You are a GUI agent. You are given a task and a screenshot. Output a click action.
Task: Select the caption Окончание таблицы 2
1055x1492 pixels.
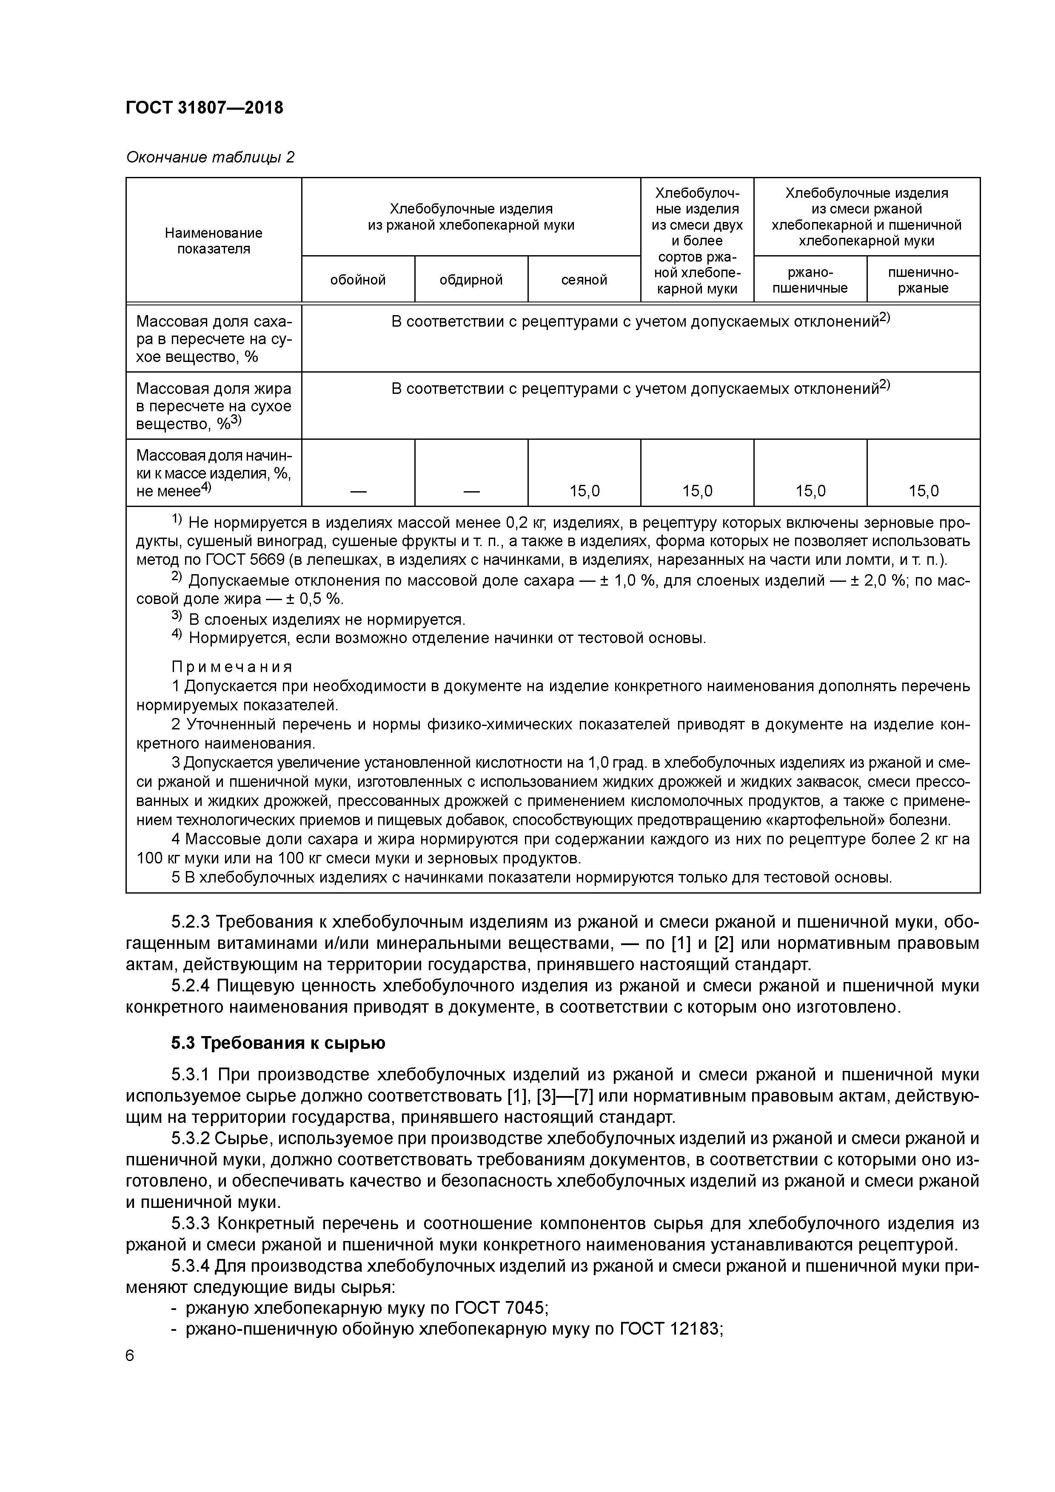click(210, 157)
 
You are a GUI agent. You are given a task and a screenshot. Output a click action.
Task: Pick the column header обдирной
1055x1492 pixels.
click(470, 280)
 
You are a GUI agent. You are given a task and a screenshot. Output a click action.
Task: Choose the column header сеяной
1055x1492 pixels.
click(584, 280)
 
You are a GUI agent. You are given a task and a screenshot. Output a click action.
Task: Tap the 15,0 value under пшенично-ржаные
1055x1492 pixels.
click(923, 491)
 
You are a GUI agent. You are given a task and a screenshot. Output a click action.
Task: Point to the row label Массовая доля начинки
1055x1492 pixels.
click(214, 473)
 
